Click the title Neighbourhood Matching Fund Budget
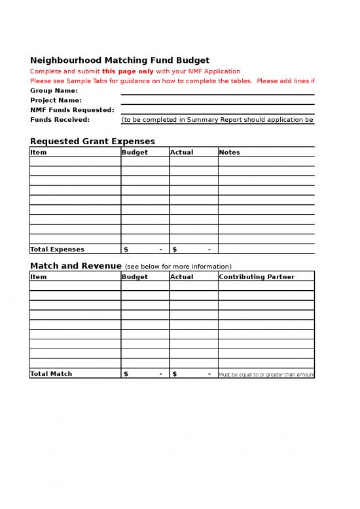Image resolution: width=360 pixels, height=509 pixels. click(120, 60)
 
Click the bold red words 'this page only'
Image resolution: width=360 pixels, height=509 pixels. click(128, 71)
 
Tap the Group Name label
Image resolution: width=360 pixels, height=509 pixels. click(54, 90)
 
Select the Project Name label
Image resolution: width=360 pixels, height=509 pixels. click(56, 100)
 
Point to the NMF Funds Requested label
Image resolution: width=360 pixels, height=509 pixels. click(72, 110)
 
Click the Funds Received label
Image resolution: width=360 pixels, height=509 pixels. click(60, 120)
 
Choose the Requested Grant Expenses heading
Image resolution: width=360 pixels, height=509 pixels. click(92, 141)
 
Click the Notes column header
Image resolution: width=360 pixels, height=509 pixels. click(230, 152)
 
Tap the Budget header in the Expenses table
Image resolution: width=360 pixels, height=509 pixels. click(135, 152)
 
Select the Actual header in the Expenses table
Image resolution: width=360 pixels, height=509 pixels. click(181, 152)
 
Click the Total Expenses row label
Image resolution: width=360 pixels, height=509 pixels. click(58, 249)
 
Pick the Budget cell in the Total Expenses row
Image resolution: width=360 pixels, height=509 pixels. click(145, 249)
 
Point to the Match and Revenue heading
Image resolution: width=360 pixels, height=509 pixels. click(76, 266)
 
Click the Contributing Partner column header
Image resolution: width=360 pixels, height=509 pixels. click(257, 276)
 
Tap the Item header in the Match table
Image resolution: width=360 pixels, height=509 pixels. click(39, 276)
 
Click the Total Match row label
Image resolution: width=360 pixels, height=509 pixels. click(51, 373)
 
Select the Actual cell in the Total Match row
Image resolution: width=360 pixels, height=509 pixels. click(193, 373)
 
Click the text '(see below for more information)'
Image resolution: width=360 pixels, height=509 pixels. click(178, 267)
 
